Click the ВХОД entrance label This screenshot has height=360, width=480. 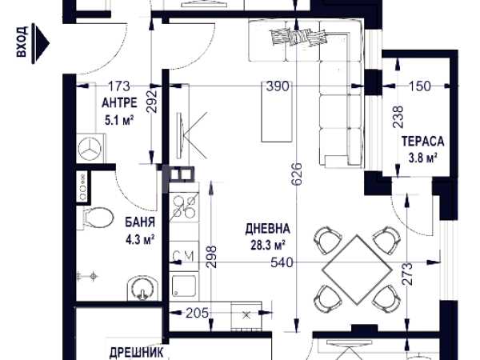click(x=22, y=42)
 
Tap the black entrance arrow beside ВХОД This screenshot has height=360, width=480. click(x=41, y=44)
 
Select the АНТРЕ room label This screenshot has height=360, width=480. click(x=119, y=103)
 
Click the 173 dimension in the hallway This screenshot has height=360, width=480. click(x=119, y=86)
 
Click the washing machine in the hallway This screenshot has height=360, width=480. click(x=90, y=149)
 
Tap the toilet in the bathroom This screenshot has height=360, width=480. click(x=96, y=218)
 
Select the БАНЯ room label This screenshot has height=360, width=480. click(x=140, y=222)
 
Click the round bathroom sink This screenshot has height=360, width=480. click(x=142, y=289)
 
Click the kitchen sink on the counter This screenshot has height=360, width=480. click(x=184, y=286)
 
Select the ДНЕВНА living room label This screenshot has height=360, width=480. click(x=267, y=229)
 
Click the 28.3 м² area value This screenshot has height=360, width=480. click(x=269, y=246)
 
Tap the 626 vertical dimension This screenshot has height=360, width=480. click(x=298, y=174)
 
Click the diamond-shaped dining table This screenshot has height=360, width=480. click(x=358, y=270)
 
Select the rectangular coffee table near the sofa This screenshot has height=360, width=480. click(x=277, y=111)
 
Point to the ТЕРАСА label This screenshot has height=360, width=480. click(x=422, y=142)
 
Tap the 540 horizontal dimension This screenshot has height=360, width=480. click(x=282, y=262)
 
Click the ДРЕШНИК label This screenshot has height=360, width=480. click(x=136, y=353)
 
